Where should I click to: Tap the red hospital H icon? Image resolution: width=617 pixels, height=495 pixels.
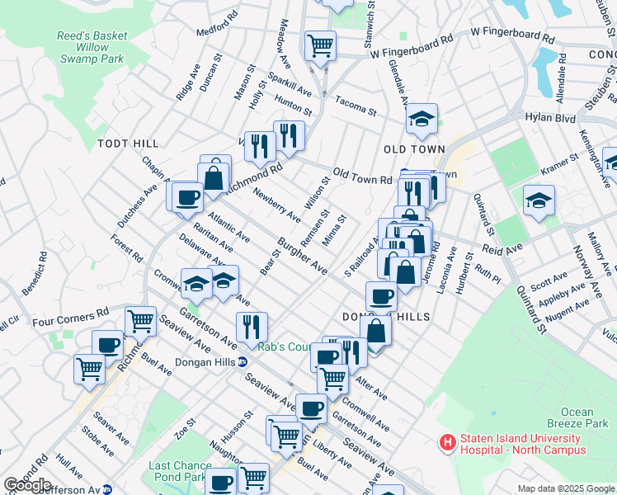[448, 443]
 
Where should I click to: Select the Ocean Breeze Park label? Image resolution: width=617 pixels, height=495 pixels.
[588, 417]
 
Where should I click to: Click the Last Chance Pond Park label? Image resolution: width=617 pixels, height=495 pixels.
[177, 471]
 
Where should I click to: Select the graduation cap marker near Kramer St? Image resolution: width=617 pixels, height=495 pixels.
[539, 200]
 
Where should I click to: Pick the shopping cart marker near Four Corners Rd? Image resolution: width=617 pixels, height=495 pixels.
[141, 321]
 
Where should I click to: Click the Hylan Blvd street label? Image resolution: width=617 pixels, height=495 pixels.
[550, 119]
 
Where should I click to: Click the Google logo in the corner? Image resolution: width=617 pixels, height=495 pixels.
[27, 484]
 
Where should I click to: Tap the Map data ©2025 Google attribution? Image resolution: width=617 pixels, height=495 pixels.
[565, 488]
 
